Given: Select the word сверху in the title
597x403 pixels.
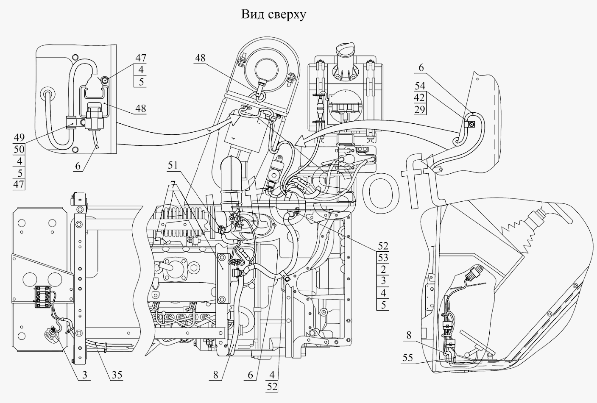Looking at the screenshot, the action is (287, 16).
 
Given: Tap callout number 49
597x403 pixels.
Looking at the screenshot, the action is (19, 137).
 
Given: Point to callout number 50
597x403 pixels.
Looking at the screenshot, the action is (19, 149).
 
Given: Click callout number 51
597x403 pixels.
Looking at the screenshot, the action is (173, 165).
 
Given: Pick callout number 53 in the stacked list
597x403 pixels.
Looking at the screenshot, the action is (383, 258).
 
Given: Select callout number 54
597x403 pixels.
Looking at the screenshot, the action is (420, 86).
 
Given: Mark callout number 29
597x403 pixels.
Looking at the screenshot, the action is (420, 109).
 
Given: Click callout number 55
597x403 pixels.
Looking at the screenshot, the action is (407, 358).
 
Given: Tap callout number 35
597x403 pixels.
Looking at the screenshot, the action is (117, 375).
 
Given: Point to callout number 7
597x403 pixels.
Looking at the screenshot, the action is (173, 184).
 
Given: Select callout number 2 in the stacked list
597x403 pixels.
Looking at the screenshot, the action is (383, 270).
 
